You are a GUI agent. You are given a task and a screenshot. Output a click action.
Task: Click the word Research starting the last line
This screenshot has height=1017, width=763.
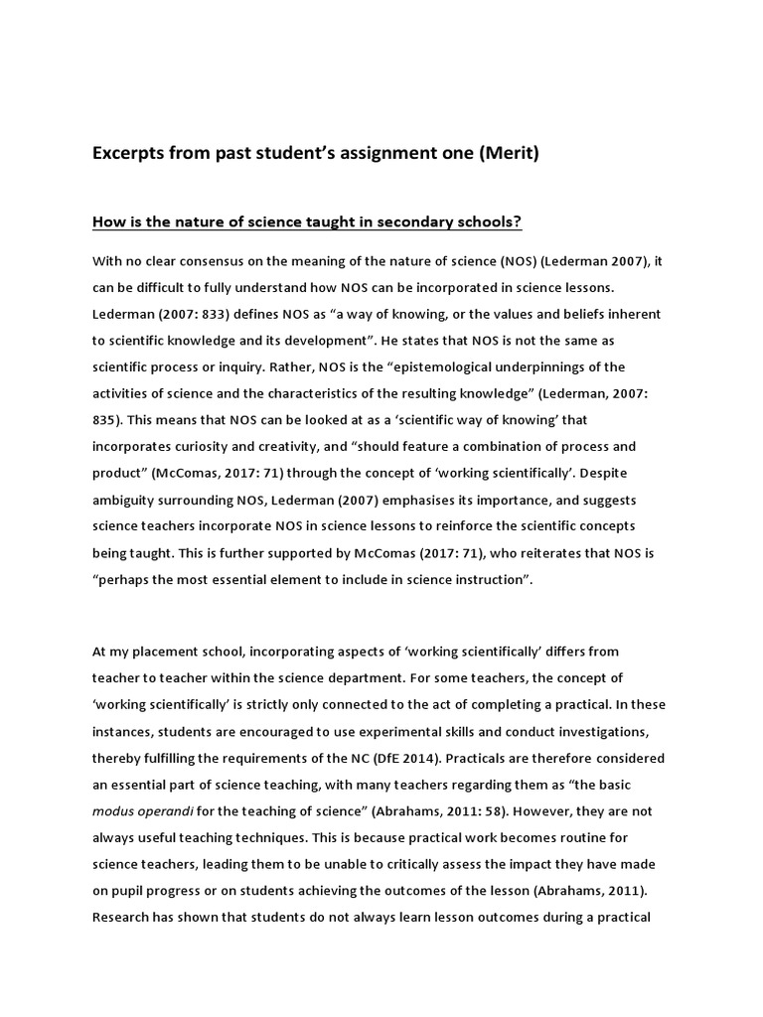124,916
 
